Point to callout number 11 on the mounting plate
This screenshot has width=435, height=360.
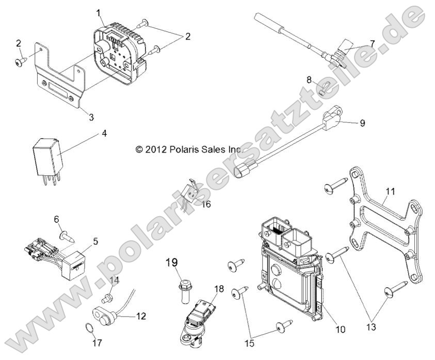coord(390,192)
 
